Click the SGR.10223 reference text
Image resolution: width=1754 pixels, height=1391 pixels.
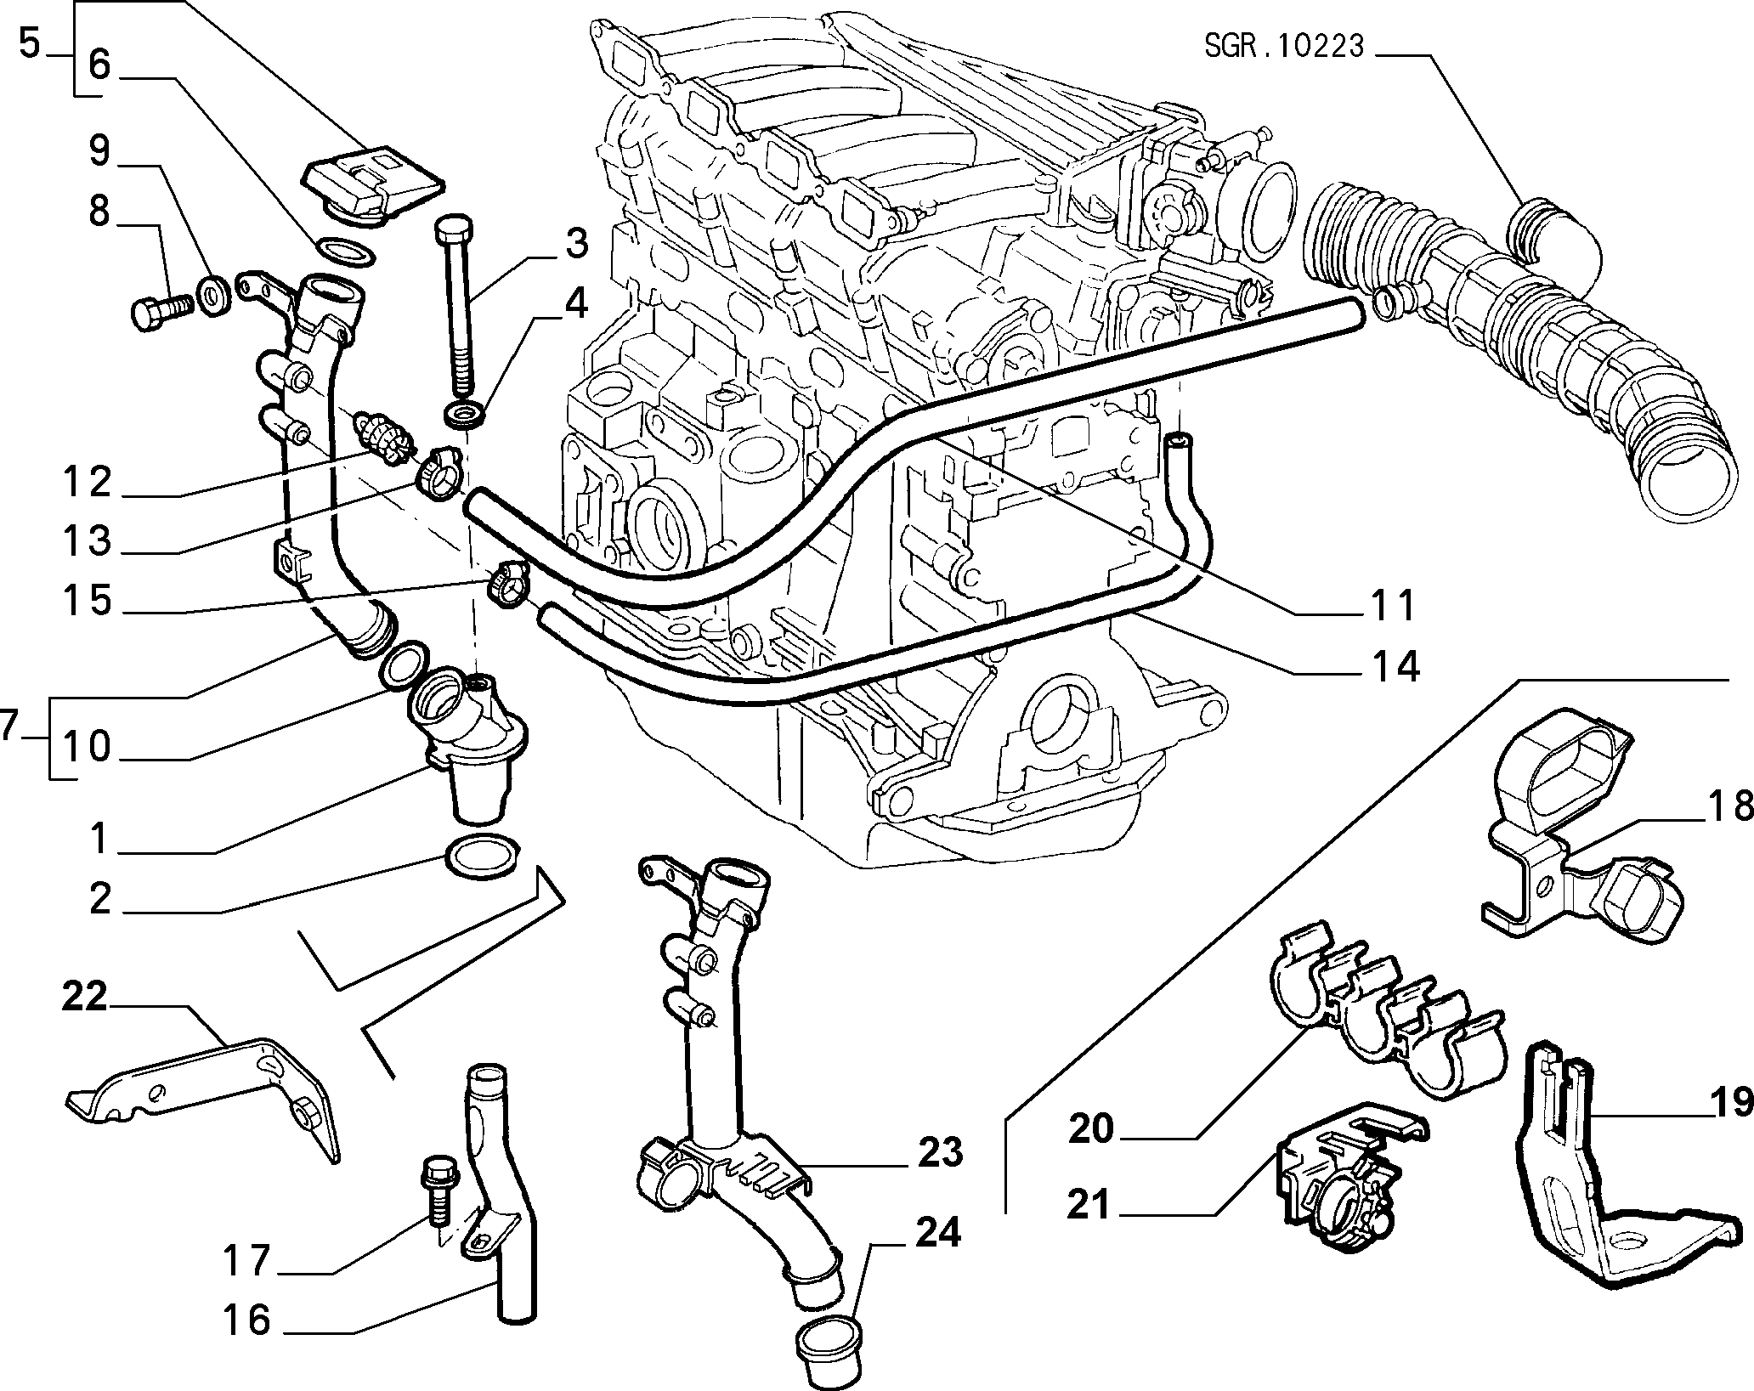tap(1283, 45)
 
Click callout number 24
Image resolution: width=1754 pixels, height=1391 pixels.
tap(937, 1233)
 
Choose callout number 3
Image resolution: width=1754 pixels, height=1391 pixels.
tap(575, 244)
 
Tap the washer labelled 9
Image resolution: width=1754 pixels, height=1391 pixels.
tap(212, 293)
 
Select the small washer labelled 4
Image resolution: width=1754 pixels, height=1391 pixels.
tap(466, 416)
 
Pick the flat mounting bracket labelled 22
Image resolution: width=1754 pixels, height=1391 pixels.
tap(204, 1096)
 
